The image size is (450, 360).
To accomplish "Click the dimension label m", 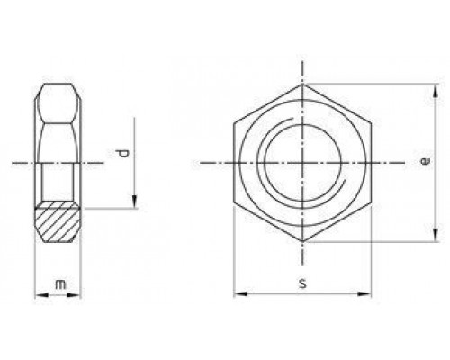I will (59, 285).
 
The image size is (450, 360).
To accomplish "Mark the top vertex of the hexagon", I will (303, 85).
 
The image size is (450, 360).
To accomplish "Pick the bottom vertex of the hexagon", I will (303, 243).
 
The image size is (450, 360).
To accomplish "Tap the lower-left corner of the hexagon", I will (235, 203).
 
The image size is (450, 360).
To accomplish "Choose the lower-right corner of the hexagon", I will (372, 203).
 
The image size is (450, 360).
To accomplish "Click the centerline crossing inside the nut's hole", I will (303, 164).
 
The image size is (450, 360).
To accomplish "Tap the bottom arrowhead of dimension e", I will (438, 238).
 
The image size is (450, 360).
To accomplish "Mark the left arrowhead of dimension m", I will (38, 294).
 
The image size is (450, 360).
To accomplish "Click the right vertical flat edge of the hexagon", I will (372, 165).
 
